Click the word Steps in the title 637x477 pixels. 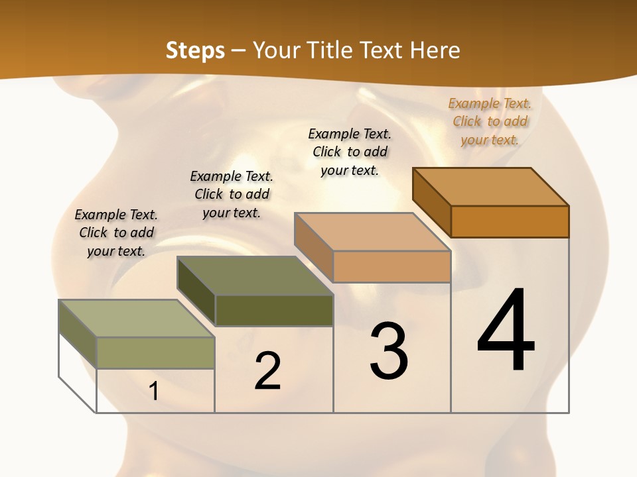coord(195,50)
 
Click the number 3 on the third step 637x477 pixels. coord(389,350)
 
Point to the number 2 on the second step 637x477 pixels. coord(267,370)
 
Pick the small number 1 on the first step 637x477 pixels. coord(154,391)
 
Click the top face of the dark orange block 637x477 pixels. coord(491,187)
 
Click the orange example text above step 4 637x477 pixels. coord(490,121)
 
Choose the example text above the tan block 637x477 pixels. coord(350,152)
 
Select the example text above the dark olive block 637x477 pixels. coord(232,194)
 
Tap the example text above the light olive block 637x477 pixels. coord(116,233)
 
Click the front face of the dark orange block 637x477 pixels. coord(510,221)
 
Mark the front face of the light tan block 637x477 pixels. coord(391,266)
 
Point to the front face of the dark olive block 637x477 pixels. coord(274,310)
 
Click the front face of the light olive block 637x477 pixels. coord(155,352)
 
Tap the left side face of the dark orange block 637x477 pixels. coord(431,202)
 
